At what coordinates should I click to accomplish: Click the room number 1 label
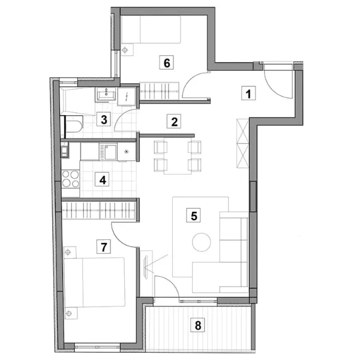point(248,93)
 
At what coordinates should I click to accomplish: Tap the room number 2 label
point(174,121)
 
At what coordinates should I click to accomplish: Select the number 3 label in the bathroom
point(104,119)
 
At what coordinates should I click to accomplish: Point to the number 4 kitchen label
point(102,179)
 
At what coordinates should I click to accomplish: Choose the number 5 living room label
point(193,215)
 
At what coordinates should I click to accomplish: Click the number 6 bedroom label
point(166,62)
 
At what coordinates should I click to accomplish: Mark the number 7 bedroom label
point(104,247)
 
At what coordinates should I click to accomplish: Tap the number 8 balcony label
point(197,325)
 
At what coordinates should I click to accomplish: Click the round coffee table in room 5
point(202,242)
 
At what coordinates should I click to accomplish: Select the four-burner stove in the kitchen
point(70,179)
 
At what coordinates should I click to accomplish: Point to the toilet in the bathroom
point(71,124)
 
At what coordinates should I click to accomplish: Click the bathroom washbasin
point(106,94)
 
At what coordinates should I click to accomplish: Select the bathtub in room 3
point(77,101)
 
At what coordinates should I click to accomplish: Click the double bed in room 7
point(95,282)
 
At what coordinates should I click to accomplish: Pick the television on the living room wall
point(146,267)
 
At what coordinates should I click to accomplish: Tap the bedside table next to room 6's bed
point(127,50)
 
